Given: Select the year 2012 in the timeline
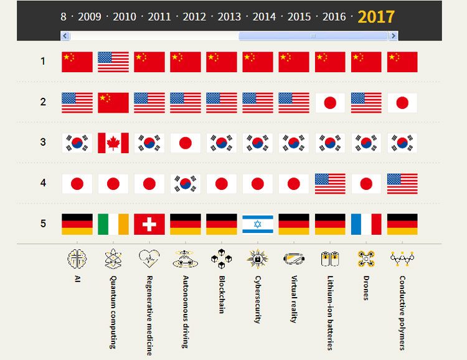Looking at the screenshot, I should tap(194, 16).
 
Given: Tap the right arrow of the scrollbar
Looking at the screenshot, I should tap(393, 36).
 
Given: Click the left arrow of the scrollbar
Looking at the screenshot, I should tap(65, 36).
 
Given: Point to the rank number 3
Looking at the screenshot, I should tap(43, 142).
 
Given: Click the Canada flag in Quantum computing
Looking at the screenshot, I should tap(113, 143).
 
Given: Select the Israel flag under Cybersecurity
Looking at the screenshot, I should tap(258, 224).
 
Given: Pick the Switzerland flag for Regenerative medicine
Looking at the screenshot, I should tap(149, 224).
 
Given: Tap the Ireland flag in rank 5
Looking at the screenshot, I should tap(113, 224).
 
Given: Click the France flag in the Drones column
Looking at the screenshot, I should tap(366, 224).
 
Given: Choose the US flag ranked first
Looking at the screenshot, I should tap(113, 62).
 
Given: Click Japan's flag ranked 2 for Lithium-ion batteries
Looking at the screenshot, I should tap(330, 103).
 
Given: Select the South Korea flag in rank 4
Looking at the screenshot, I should tap(186, 183).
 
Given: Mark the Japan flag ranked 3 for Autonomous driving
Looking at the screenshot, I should tap(186, 143).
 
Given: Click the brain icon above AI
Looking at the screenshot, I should tap(77, 258).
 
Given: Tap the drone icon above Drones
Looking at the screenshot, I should tap(366, 258).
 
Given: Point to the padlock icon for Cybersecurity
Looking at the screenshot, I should tap(258, 258).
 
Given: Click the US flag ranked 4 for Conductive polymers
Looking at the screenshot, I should tap(402, 183).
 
